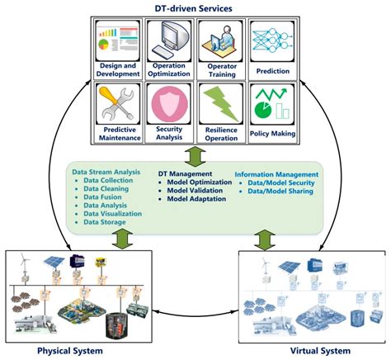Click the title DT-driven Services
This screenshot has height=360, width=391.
(196, 7)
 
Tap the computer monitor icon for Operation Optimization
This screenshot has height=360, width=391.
(172, 37)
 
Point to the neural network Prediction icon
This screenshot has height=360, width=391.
(272, 37)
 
